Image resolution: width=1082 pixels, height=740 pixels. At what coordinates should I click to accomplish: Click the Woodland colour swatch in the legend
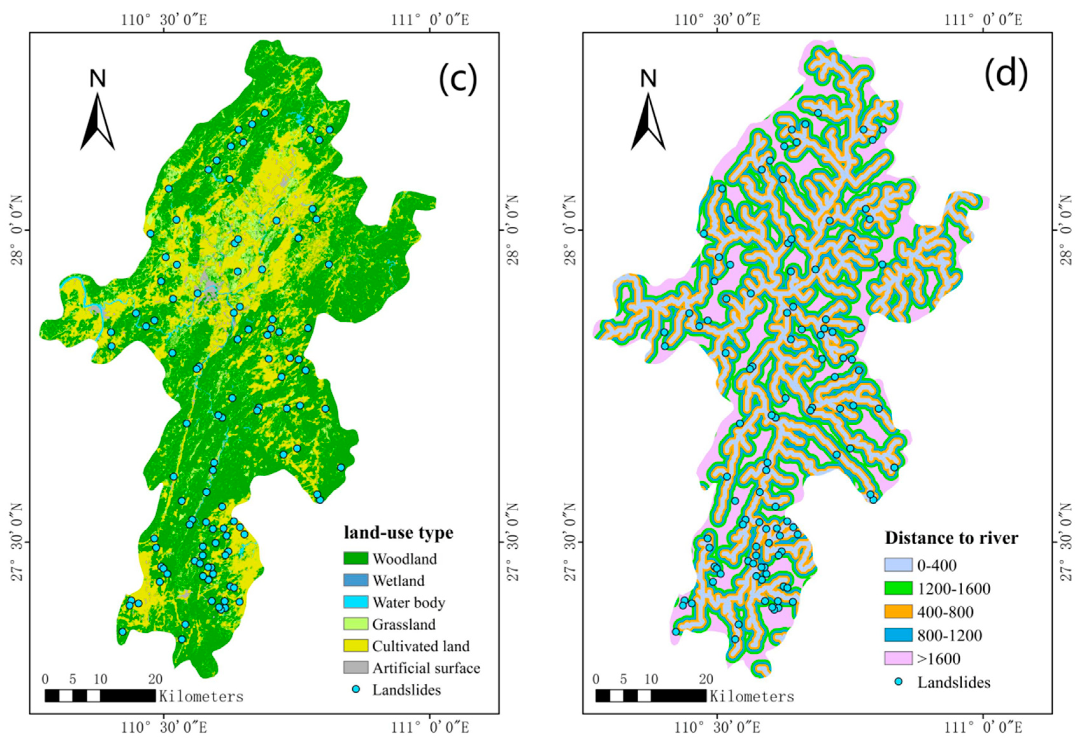pos(356,558)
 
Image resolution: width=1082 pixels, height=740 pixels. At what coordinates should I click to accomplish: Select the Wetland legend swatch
pos(356,580)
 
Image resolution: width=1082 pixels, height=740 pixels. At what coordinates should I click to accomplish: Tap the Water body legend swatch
pos(356,602)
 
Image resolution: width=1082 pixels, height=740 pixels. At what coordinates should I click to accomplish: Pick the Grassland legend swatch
pos(356,624)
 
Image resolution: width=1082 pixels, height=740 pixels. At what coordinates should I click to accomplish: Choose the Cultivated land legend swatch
pos(356,646)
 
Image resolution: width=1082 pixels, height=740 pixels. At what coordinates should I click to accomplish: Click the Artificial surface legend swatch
pos(356,668)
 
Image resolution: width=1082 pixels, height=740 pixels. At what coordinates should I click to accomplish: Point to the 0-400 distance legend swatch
pos(898,565)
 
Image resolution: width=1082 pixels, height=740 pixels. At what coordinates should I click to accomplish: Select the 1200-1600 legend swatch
pos(898,588)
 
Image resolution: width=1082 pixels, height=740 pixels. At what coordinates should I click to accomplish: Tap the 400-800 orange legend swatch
pos(898,611)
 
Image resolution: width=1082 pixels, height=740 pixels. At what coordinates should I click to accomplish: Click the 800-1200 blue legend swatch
pos(898,635)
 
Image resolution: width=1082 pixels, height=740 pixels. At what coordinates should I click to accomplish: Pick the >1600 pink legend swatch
pos(898,658)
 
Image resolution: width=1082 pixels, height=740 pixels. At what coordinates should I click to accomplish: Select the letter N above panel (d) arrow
pos(648,79)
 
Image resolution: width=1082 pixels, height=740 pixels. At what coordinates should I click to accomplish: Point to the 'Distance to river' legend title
pos(951,538)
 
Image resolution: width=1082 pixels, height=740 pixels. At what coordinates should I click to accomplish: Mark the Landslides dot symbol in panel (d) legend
pos(899,682)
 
